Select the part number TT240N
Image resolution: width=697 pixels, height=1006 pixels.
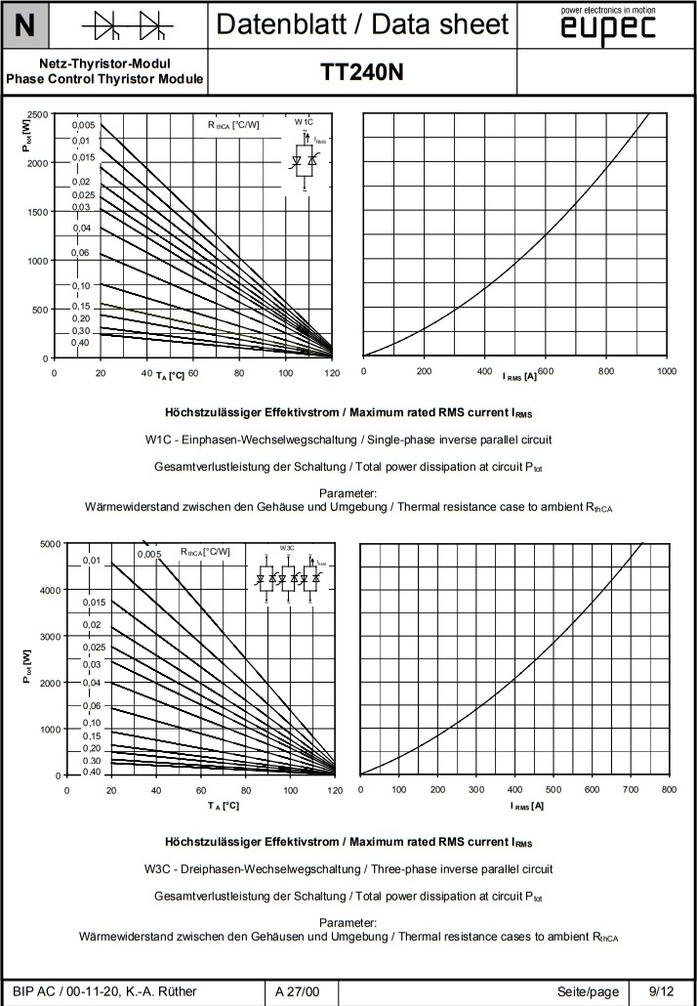[x=361, y=72]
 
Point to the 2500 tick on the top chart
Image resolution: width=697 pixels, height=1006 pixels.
[x=38, y=114]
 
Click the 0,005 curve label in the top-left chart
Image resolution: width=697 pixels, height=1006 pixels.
[x=84, y=125]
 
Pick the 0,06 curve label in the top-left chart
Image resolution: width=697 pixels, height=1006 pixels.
[x=81, y=252]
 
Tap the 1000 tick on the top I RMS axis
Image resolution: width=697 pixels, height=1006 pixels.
[x=667, y=371]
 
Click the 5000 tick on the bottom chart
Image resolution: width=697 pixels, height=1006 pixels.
[x=49, y=544]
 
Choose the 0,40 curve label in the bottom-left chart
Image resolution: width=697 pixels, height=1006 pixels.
[x=92, y=772]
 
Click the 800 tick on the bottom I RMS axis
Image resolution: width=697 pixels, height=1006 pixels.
[x=668, y=789]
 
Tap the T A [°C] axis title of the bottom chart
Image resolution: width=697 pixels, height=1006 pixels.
[x=223, y=805]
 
